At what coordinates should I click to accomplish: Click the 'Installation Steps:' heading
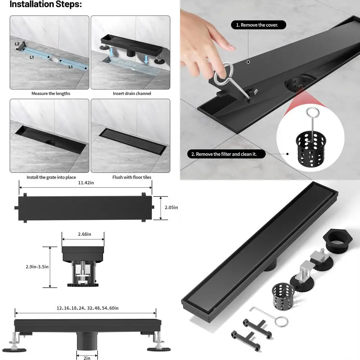pos(46,4)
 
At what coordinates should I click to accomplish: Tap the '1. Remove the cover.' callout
pos(258,25)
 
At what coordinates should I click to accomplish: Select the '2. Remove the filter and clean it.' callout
pos(226,154)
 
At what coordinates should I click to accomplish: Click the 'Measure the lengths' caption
pos(51,94)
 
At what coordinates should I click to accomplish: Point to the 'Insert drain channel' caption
pos(132,94)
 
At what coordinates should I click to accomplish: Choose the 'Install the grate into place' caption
pos(51,177)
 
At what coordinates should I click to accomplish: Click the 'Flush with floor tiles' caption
pos(132,177)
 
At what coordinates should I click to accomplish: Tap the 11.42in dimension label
pos(86,183)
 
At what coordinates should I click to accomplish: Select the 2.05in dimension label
pos(171,207)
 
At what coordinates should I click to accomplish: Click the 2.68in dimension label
pos(85,234)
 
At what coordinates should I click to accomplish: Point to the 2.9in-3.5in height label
pos(37,267)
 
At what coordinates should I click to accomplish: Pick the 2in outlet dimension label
pos(87,358)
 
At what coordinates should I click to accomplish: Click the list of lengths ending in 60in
pos(87,308)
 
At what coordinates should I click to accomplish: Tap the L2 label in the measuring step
pos(17,44)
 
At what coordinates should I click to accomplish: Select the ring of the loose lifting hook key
pos(282,321)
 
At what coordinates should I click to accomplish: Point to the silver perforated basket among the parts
pos(283,296)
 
